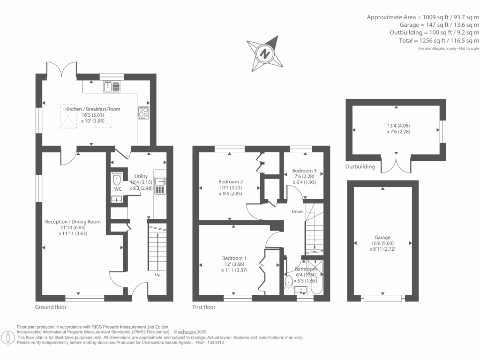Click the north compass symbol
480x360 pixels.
(x=265, y=53)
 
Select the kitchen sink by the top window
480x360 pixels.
(x=112, y=86)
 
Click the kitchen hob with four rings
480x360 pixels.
(x=143, y=112)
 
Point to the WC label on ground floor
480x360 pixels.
(x=118, y=189)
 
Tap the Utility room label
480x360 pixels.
(x=141, y=176)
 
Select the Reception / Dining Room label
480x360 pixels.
(x=73, y=222)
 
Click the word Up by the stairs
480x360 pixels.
(x=157, y=275)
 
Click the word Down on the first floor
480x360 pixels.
(x=297, y=211)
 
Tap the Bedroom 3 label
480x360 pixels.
(x=304, y=171)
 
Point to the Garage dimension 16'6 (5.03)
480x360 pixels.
(x=382, y=243)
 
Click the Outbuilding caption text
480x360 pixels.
(x=360, y=166)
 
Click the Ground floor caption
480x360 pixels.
(x=51, y=307)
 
